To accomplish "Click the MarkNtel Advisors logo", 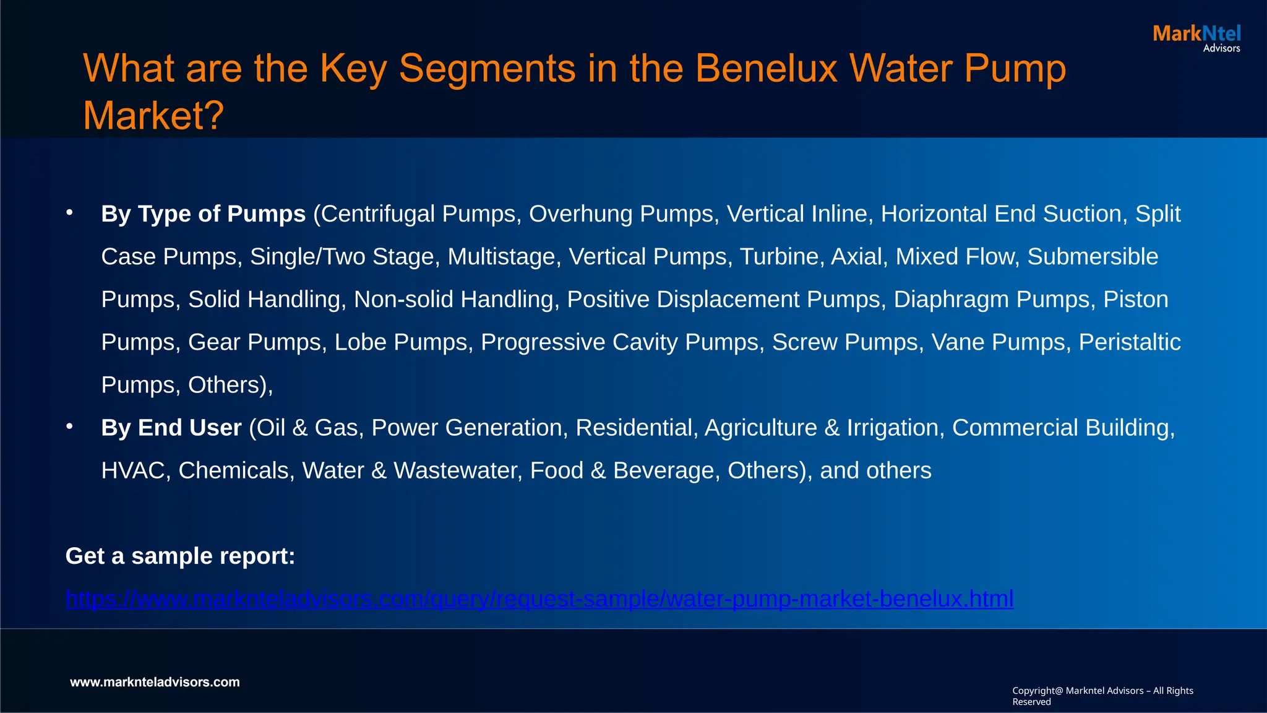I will (1196, 38).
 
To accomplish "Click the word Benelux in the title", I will (766, 68).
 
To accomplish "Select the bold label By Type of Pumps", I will (203, 214).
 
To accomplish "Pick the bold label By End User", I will (171, 428).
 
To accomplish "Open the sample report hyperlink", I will (539, 599).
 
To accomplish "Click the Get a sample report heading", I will (180, 556).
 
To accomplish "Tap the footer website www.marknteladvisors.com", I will (155, 682).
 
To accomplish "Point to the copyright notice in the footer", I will (1102, 696).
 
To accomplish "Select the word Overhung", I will (580, 214).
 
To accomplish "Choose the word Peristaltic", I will (1130, 342).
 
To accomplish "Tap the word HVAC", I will (132, 471).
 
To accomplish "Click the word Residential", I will (633, 428).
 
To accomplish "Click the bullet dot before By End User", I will (70, 426).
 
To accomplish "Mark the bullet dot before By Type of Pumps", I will (70, 213).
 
